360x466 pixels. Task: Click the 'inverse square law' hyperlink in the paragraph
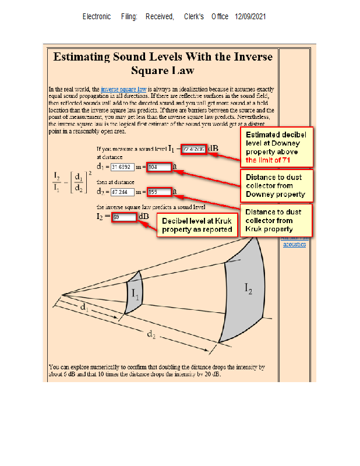click(x=123, y=89)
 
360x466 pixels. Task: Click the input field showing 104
click(x=160, y=167)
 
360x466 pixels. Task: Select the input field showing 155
click(x=160, y=192)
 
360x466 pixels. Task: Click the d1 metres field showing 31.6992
click(x=122, y=167)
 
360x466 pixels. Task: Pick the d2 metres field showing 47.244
click(x=122, y=192)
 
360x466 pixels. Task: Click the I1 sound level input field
click(x=193, y=149)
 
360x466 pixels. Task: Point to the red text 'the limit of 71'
click(x=269, y=160)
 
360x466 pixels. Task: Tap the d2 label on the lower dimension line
click(x=151, y=333)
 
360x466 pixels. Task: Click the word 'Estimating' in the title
click(x=82, y=57)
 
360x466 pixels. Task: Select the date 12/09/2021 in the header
click(x=250, y=17)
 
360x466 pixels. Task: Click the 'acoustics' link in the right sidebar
click(x=295, y=244)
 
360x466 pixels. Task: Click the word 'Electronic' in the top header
click(x=97, y=17)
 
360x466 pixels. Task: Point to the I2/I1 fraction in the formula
click(x=57, y=181)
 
